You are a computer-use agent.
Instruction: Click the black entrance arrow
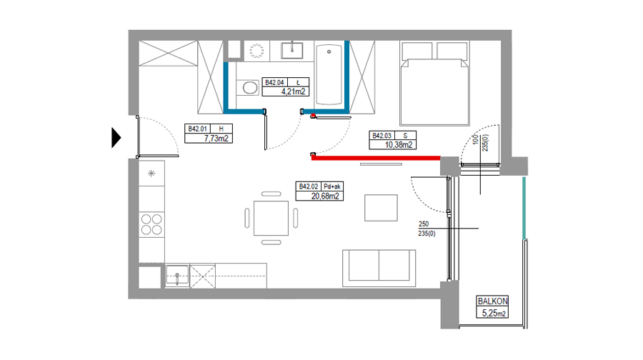[x=116, y=138]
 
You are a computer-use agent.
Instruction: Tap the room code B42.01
[x=197, y=129]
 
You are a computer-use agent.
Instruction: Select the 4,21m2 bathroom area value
[x=293, y=92]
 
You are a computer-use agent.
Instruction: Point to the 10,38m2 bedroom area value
[x=398, y=145]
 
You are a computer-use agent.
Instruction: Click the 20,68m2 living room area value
[x=325, y=196]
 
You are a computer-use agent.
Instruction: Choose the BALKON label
[x=492, y=301]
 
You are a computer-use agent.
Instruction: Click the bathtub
[x=329, y=74]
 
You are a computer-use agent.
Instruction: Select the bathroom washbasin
[x=292, y=51]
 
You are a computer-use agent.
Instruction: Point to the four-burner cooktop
[x=151, y=224]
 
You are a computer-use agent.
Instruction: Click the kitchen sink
[x=177, y=275]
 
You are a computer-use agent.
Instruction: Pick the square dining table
[x=271, y=218]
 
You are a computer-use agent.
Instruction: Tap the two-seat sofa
[x=379, y=268]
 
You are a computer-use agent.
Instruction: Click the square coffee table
[x=381, y=208]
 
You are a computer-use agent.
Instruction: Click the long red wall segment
[x=376, y=158]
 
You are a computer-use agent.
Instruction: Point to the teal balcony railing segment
[x=524, y=208]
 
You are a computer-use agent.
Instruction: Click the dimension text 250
[x=424, y=224]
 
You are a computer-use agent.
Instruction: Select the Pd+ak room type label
[x=332, y=186]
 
